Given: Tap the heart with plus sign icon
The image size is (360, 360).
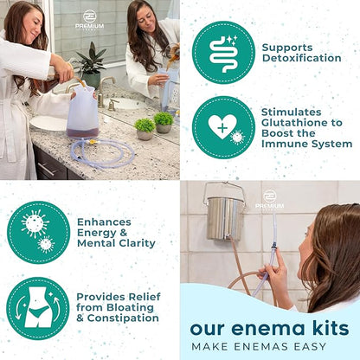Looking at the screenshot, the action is [x=223, y=127].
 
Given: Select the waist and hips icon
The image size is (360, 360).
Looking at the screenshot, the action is [x=38, y=308].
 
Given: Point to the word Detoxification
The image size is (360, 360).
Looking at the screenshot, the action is [x=301, y=58].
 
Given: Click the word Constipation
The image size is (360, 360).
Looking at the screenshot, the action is [x=123, y=318].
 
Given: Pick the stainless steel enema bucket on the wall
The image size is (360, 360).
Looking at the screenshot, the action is [x=224, y=215].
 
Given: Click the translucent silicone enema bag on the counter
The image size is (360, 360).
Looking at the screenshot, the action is [x=82, y=112].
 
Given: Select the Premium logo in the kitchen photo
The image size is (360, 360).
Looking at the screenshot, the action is [x=89, y=20].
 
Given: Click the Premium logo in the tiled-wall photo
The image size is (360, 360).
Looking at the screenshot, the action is [x=270, y=200].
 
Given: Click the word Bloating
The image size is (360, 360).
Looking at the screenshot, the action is [x=130, y=307].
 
